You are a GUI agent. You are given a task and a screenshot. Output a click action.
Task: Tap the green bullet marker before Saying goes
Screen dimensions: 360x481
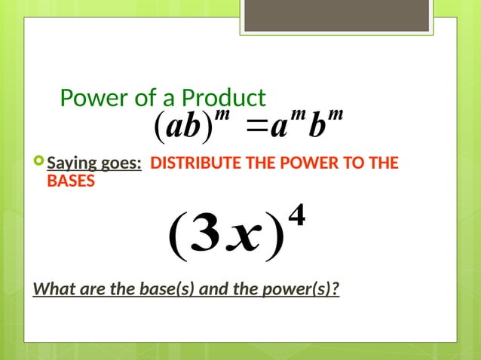tap(39, 162)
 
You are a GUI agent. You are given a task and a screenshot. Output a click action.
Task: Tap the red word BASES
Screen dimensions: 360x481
tap(71, 181)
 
